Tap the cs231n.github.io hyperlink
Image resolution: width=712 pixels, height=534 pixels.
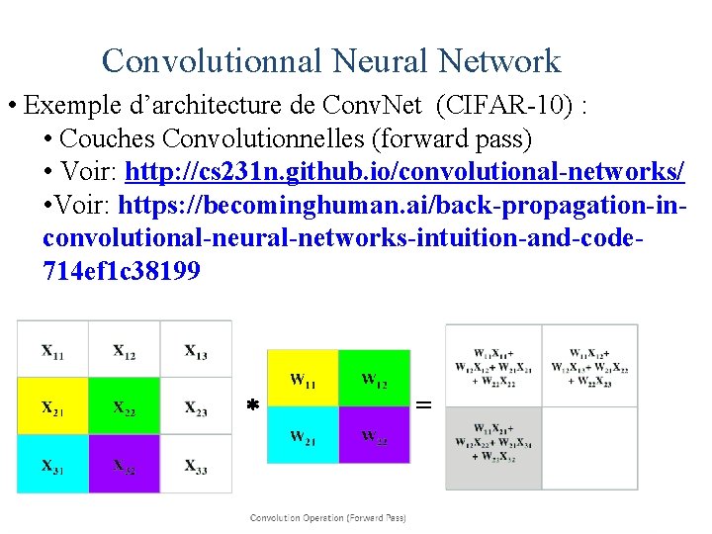pos(404,172)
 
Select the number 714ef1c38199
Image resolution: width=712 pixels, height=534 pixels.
pos(122,269)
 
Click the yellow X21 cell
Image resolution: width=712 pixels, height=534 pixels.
pos(52,406)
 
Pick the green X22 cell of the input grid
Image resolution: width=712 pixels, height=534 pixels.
pos(124,406)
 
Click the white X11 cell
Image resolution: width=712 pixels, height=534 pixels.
pos(52,349)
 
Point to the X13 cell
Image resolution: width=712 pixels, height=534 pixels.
pos(196,349)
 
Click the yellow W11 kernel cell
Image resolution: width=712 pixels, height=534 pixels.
pos(303,378)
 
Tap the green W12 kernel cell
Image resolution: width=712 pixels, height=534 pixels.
pos(374,378)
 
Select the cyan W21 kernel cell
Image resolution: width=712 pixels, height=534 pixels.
pos(303,434)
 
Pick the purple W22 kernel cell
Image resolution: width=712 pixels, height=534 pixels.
pos(374,434)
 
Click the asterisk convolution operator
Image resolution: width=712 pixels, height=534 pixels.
pos(252,406)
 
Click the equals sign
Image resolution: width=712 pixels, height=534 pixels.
pos(424,404)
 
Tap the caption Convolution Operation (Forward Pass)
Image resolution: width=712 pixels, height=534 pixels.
pos(327,517)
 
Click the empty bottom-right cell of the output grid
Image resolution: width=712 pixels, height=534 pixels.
pos(590,447)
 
